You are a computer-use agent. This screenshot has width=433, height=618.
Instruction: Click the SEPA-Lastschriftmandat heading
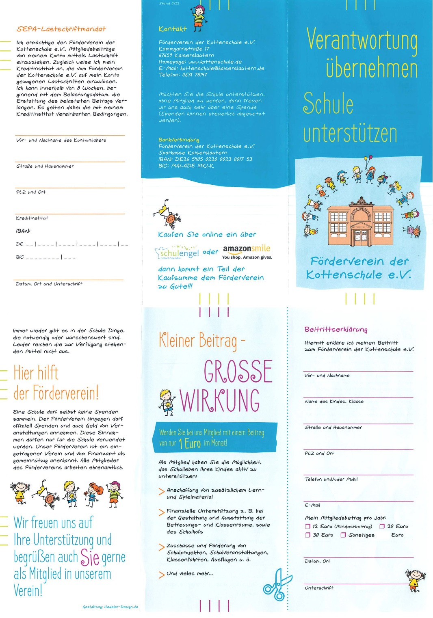coord(61,29)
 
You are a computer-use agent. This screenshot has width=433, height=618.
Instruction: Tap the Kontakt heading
coord(173,29)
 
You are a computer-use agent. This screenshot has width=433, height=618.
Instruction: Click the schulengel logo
coord(177,253)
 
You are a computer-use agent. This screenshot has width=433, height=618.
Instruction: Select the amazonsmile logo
coord(247,249)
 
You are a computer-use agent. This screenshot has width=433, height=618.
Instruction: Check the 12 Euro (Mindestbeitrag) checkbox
coord(308,526)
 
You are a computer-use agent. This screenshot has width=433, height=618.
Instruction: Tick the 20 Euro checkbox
coord(382,526)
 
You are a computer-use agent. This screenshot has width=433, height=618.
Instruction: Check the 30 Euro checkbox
coord(308,535)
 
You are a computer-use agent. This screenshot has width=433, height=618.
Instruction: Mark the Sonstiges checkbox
coord(343,535)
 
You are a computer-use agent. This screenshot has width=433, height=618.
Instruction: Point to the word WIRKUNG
coord(220,401)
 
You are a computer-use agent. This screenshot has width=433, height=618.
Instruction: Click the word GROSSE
coord(238,372)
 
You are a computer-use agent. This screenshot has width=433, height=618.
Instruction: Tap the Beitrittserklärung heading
coord(336,329)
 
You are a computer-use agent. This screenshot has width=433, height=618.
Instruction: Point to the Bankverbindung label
coord(179,140)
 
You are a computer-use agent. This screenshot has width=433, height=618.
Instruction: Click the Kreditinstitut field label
coord(32,218)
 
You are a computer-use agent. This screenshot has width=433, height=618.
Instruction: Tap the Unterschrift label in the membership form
coord(319,588)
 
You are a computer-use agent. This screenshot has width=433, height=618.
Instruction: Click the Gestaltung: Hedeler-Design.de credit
coord(110,607)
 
